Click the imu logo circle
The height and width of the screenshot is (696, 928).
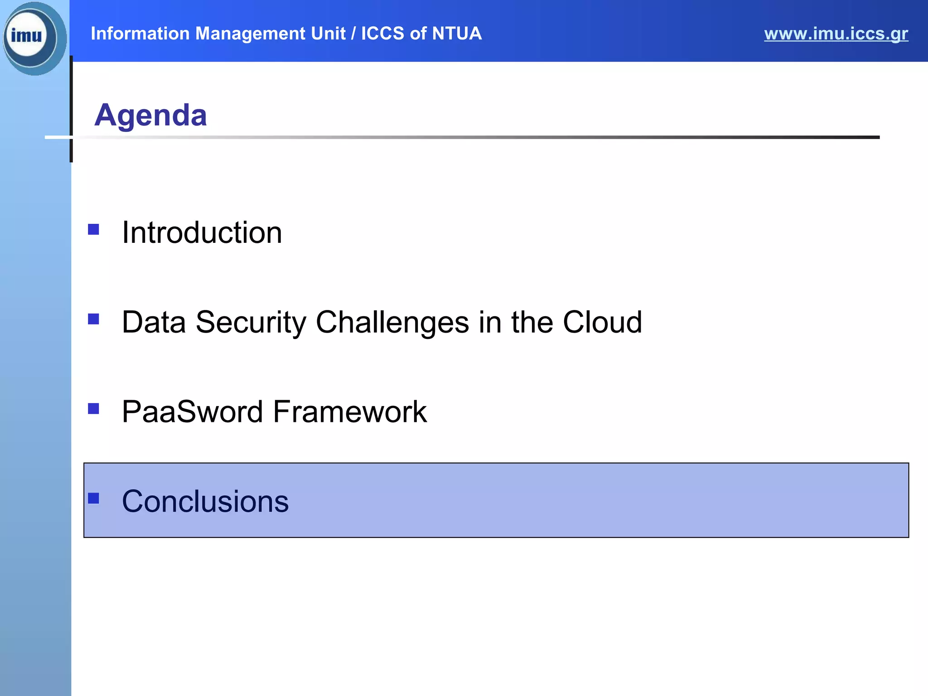(30, 36)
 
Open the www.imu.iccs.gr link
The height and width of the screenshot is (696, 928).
(836, 34)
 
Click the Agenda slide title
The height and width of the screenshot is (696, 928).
(150, 115)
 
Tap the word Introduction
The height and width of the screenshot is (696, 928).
(202, 232)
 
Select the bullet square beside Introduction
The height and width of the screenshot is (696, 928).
(93, 230)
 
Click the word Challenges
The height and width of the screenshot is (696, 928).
(392, 322)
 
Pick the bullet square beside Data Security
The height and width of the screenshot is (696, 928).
(93, 319)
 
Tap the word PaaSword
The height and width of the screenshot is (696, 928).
(192, 412)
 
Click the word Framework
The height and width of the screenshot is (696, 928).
(349, 412)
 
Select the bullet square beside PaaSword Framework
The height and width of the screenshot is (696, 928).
(93, 409)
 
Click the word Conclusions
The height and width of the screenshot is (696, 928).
(205, 502)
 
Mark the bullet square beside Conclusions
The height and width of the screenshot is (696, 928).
(93, 498)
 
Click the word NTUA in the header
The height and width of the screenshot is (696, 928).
(456, 34)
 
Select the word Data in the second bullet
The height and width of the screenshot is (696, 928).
(154, 322)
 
